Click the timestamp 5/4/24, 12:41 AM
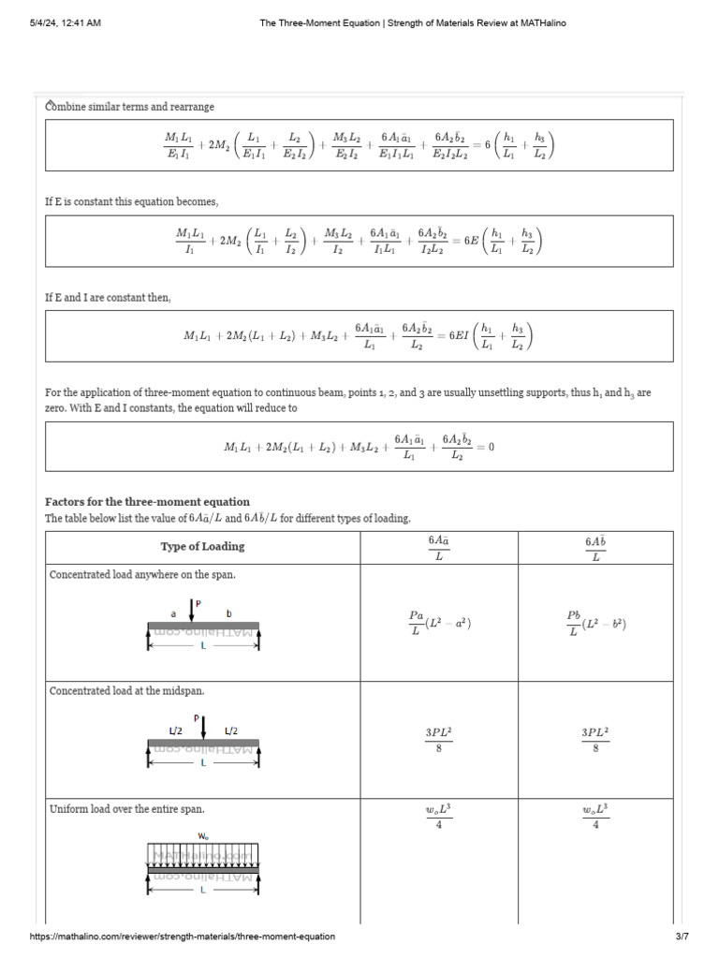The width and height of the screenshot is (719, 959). (65, 23)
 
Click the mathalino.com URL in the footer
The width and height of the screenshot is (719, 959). (182, 937)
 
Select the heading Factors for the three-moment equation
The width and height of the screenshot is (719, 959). (147, 502)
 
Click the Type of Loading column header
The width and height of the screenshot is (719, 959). (202, 547)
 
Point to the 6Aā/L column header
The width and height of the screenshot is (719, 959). (438, 548)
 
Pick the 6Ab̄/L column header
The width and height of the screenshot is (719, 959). (594, 548)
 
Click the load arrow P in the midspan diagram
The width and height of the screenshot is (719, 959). (203, 726)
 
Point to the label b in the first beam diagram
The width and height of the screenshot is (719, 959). (228, 612)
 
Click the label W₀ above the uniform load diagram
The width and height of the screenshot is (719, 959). (203, 834)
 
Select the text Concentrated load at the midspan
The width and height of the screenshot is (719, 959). (126, 691)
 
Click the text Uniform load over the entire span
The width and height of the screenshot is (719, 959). (126, 808)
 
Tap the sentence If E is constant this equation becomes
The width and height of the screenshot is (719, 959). (131, 202)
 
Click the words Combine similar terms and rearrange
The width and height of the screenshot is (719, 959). (130, 107)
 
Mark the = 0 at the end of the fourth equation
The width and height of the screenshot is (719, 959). (485, 447)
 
